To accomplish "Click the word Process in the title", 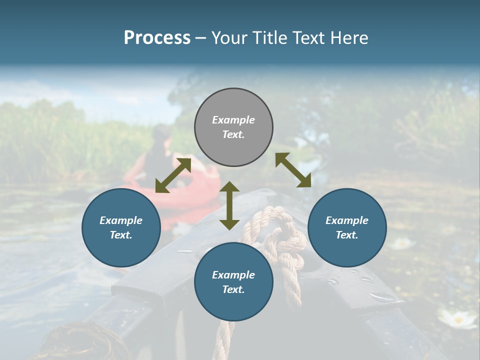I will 157,38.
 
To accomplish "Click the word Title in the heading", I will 272,38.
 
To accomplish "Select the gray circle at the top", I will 233,127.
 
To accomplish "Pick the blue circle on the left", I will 121,227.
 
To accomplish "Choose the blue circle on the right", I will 347,227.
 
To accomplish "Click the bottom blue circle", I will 233,282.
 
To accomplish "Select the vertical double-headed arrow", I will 229,205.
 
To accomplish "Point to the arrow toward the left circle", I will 173,175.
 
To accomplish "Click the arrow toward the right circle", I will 293,170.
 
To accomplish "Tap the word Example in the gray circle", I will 233,120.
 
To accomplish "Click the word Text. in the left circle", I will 121,235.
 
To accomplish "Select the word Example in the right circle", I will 347,220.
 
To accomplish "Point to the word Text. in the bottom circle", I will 233,289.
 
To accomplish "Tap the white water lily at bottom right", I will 457,319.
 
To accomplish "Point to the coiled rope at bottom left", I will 82,342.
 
